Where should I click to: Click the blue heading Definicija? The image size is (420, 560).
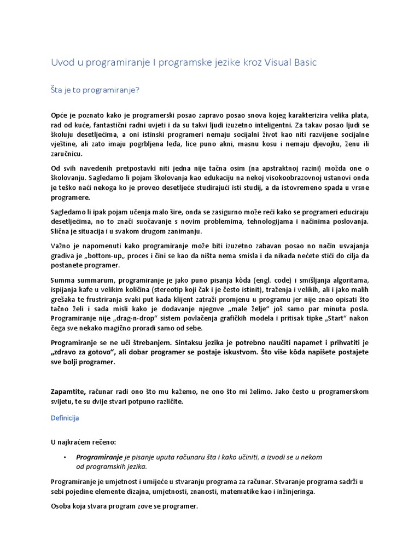pos(65,418)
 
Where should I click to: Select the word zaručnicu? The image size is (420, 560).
pos(66,155)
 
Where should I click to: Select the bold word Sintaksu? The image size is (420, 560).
pos(192,342)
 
